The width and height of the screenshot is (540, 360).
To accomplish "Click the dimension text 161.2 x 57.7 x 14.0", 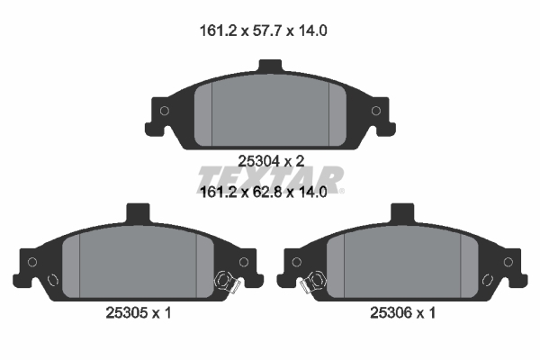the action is pyautogui.click(x=264, y=31).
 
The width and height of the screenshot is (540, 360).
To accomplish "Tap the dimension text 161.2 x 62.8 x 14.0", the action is pyautogui.click(x=264, y=192).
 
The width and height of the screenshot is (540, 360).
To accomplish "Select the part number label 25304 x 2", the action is pyautogui.click(x=272, y=161).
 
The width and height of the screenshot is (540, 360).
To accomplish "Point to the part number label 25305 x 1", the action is pyautogui.click(x=139, y=313).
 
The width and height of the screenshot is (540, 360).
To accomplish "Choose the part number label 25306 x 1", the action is pyautogui.click(x=403, y=313).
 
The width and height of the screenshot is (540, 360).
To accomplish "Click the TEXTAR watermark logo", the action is pyautogui.click(x=271, y=179).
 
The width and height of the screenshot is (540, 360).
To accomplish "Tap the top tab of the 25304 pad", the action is pyautogui.click(x=271, y=66).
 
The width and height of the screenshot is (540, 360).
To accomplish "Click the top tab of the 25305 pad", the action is pyautogui.click(x=138, y=212).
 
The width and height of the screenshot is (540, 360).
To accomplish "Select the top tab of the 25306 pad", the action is pyautogui.click(x=402, y=212).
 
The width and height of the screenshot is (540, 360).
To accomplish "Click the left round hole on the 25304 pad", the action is pyautogui.click(x=165, y=111).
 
